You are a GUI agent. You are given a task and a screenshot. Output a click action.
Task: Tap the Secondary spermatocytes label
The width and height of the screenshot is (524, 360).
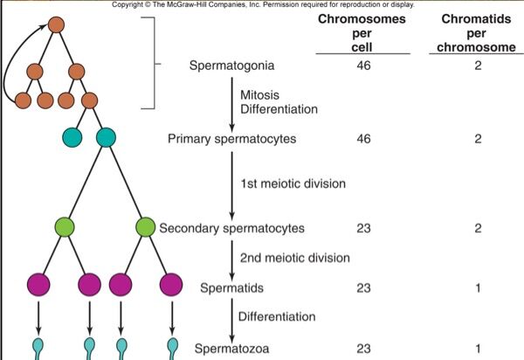tap(231, 229)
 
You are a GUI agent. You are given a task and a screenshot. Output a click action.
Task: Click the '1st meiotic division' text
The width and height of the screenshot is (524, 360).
tap(293, 184)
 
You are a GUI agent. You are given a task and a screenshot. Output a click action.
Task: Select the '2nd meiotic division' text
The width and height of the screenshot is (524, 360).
tap(295, 258)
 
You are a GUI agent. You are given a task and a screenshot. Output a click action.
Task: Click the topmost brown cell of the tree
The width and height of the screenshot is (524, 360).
tap(57, 24)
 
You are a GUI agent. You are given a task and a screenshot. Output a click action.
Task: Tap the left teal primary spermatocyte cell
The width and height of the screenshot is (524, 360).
tap(72, 137)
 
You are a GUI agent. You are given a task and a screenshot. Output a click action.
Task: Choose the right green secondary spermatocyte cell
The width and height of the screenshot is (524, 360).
tap(146, 228)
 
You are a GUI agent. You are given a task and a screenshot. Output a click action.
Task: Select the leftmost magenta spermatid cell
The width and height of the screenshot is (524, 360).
tap(38, 285)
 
